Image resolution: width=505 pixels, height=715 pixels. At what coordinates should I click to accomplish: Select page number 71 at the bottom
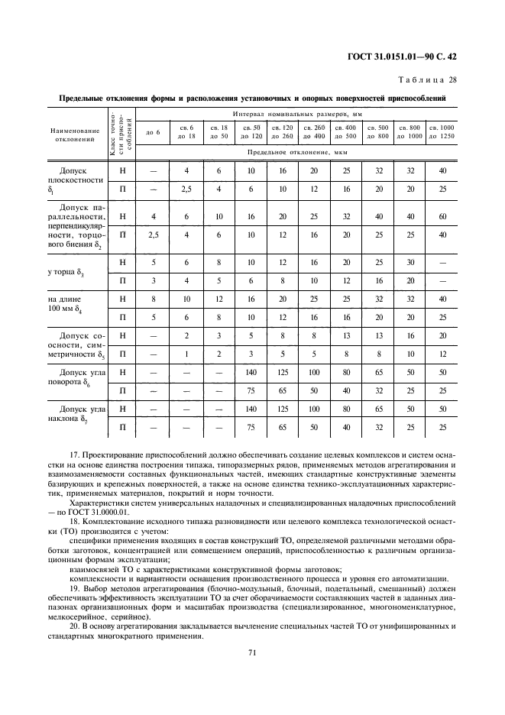tap(251, 652)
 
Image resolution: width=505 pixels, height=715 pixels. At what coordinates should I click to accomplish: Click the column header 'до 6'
tap(153, 132)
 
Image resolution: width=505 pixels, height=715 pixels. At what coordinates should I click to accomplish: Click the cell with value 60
tap(442, 216)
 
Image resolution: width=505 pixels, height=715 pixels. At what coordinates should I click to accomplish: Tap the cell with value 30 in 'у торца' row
tap(410, 264)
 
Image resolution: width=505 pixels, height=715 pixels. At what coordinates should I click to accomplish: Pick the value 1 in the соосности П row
tap(186, 354)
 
